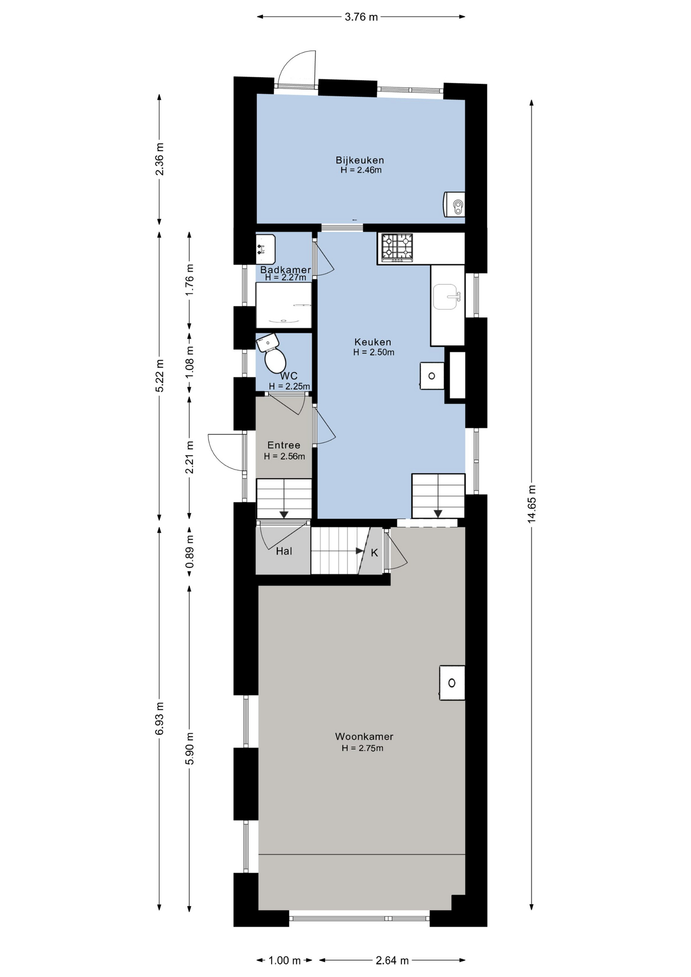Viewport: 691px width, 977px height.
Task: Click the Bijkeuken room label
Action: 360,160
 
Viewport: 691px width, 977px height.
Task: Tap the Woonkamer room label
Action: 364,736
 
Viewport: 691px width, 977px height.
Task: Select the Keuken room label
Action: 373,342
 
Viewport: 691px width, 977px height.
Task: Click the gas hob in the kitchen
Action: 397,247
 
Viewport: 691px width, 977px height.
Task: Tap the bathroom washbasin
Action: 265,249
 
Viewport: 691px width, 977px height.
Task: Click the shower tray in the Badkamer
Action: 283,305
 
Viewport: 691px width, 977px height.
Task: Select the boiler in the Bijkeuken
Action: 454,205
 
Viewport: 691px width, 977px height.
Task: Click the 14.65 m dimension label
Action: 532,504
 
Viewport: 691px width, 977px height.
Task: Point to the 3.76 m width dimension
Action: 361,17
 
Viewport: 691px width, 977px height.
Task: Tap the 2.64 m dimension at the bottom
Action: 392,960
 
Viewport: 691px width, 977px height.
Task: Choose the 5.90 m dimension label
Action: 190,748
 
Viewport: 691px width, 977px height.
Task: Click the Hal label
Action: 284,551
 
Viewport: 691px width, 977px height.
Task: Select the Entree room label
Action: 284,445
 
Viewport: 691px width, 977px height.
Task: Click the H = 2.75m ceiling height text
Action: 362,748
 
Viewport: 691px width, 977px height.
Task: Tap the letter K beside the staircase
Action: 375,553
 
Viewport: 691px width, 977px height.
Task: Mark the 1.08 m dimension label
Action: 190,362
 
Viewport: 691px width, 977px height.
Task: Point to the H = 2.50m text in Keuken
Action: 373,352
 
